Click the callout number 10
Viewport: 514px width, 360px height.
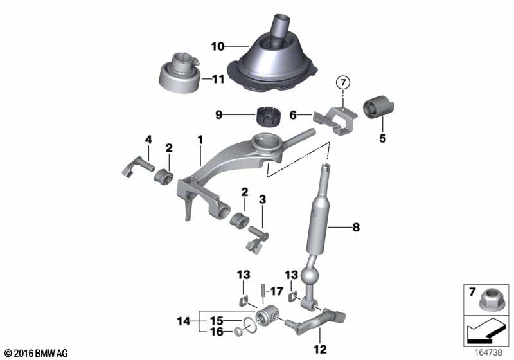pyautogui.click(x=218, y=46)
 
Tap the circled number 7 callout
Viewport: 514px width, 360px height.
pyautogui.click(x=343, y=82)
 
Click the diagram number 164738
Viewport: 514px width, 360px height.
pyautogui.click(x=490, y=353)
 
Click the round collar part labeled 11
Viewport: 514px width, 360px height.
pyautogui.click(x=175, y=77)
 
